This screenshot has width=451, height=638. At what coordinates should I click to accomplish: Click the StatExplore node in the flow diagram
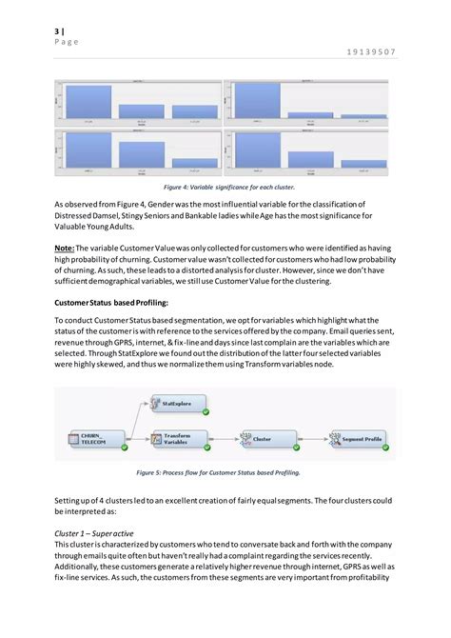pyautogui.click(x=173, y=405)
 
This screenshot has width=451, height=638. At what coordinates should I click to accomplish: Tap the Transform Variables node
pyautogui.click(x=173, y=439)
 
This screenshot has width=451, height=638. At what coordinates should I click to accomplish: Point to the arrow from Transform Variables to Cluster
pyautogui.click(x=219, y=439)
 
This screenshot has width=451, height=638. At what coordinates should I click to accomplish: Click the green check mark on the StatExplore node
pyautogui.click(x=205, y=411)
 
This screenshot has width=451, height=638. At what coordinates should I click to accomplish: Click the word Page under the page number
pyautogui.click(x=66, y=42)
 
